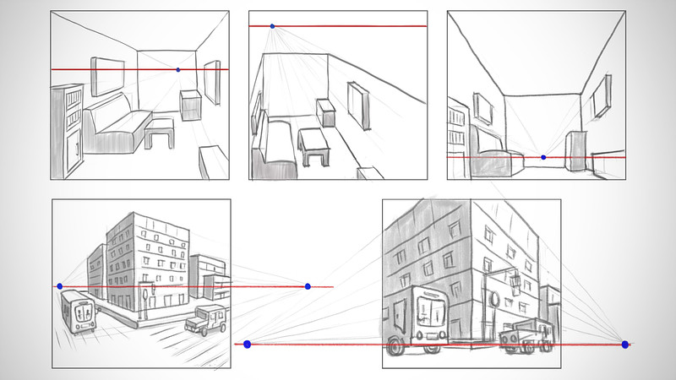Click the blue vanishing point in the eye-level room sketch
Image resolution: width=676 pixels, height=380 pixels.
177,69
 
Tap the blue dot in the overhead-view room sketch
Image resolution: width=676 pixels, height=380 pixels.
272,26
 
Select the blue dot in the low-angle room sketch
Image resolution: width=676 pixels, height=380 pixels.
543,157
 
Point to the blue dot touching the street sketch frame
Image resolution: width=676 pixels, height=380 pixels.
59,287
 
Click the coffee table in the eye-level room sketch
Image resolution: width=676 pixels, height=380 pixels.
159,131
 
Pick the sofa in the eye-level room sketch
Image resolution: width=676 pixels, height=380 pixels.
117,127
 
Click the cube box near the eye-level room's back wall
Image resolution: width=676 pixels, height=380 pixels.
189,104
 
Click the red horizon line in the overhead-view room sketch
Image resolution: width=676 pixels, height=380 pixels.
355,27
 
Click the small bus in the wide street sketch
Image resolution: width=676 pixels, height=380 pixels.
80,312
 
